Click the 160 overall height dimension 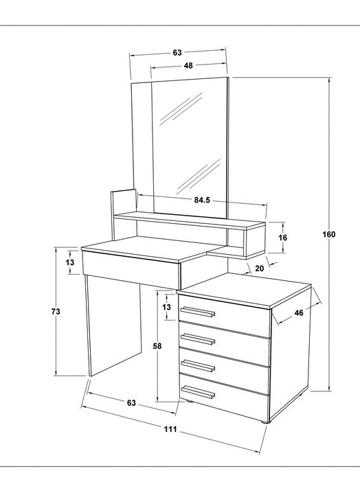pos(329,234)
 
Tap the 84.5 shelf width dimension pos(202,201)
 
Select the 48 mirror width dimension pos(188,65)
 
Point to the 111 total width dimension pos(170,429)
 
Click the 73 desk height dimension pos(56,312)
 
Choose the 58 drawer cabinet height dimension pos(157,346)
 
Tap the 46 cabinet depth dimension pos(299,312)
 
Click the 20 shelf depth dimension pos(259,268)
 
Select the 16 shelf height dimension pos(283,238)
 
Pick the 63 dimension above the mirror pos(177,53)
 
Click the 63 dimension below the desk pos(131,403)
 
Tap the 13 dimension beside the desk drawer pos(70,262)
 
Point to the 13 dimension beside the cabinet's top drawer pos(167,307)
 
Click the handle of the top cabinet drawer pos(198,312)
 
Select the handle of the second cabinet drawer pos(198,339)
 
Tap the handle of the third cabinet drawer pos(198,365)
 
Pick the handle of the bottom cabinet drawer pos(198,392)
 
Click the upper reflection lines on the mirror pos(181,108)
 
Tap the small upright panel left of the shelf pos(123,214)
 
